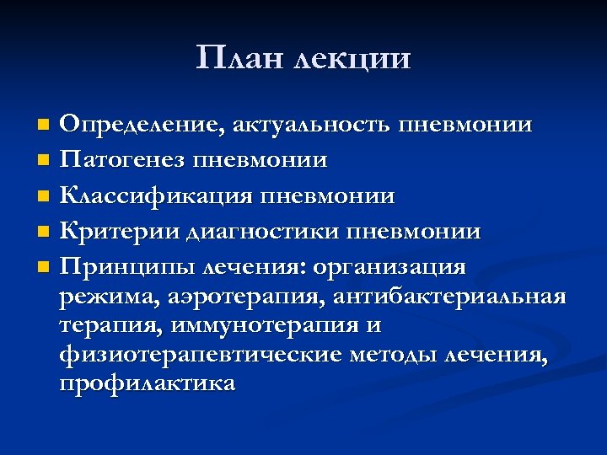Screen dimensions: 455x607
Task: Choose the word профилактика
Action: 148,383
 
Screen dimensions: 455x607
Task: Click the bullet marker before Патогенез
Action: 44,160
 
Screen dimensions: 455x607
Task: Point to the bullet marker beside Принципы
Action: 44,268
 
